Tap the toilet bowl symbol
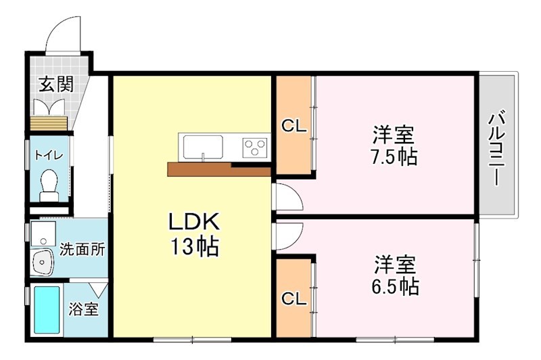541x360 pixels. [49, 184]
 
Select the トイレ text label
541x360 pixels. [49, 155]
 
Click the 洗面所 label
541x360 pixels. [83, 248]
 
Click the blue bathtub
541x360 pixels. [47, 311]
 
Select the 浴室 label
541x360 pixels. [84, 310]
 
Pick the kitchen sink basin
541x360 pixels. [202, 146]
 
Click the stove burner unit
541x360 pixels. [256, 147]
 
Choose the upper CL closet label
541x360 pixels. [293, 126]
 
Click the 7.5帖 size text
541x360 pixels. [393, 157]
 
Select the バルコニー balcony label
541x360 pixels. [499, 147]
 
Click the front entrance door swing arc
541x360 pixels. [66, 32]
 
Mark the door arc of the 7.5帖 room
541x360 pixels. [287, 198]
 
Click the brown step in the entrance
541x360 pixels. [49, 124]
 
